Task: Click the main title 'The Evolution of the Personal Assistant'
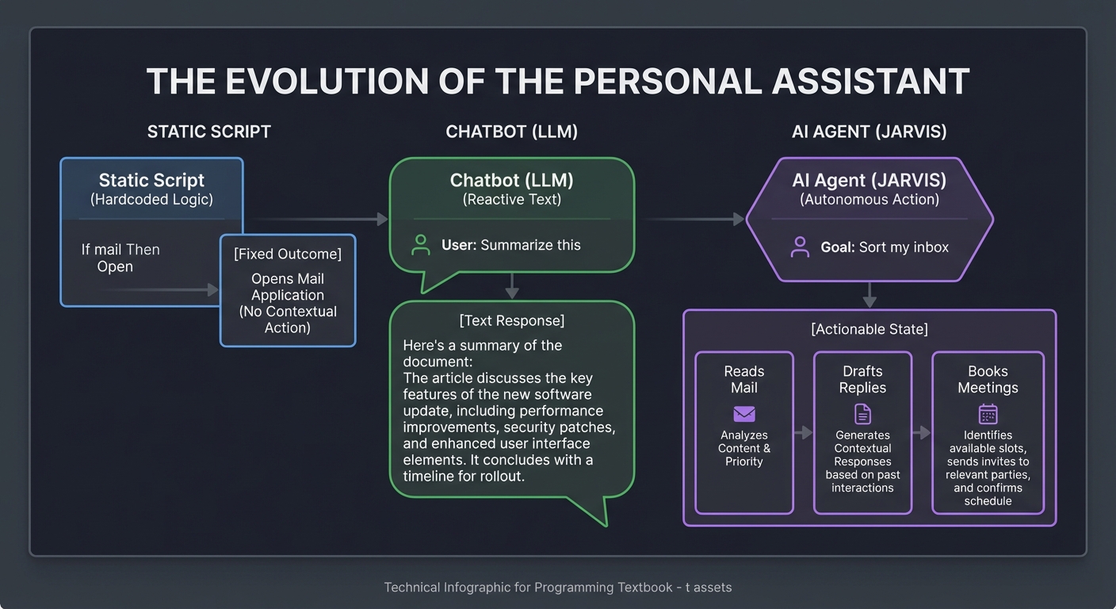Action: tap(558, 82)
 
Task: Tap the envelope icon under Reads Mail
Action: tap(744, 414)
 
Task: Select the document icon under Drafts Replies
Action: tap(862, 414)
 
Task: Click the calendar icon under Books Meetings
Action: tap(988, 414)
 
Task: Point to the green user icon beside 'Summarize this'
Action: tap(421, 245)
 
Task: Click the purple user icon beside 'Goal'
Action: tap(800, 247)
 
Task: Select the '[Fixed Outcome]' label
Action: tap(288, 254)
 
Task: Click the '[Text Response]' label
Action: tap(512, 320)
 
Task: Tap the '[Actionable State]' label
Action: tap(869, 328)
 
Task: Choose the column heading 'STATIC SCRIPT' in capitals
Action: tap(209, 132)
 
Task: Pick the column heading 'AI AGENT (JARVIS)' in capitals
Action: tap(869, 132)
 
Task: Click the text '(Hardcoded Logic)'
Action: tap(151, 199)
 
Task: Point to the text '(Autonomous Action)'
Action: tap(869, 199)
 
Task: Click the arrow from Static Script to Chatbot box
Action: tap(317, 219)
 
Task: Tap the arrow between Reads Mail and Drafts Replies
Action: tap(804, 432)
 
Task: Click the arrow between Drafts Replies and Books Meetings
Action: tap(922, 432)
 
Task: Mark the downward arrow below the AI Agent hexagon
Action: tap(869, 295)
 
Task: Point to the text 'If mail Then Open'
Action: tap(120, 258)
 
